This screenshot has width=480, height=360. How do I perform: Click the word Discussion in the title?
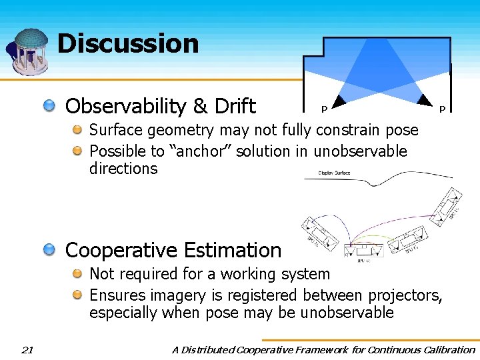coord(128,44)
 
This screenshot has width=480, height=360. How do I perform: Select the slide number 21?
coord(27,349)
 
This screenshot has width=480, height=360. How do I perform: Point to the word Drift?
coord(233,106)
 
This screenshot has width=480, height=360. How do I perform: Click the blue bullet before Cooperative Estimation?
coord(51,250)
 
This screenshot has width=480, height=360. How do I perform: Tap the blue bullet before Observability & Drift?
coord(51,106)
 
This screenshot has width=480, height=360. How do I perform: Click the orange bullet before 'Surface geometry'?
coord(78,130)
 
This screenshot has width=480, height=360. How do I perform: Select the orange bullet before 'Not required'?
coord(78,274)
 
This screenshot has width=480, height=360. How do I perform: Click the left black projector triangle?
coord(339,101)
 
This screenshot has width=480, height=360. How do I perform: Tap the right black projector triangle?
coord(423,101)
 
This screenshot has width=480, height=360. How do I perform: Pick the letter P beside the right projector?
coord(441,109)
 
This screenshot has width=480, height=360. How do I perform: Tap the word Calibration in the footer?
coord(446,349)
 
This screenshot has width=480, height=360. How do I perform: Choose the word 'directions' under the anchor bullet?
coord(123,169)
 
